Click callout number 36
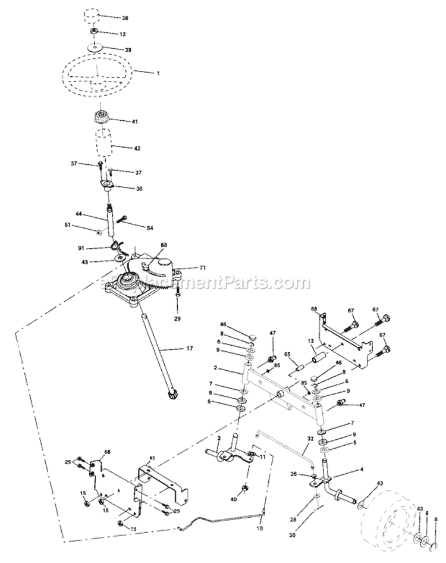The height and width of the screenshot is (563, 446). coord(139,189)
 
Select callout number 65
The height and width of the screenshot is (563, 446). coord(287,354)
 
